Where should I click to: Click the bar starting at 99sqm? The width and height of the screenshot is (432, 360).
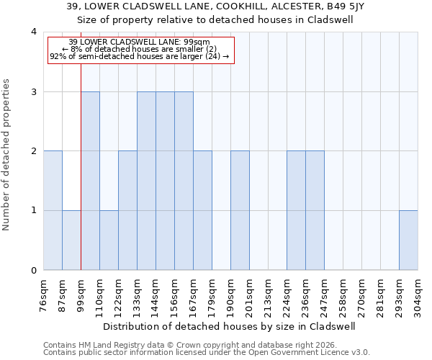(x=90, y=181)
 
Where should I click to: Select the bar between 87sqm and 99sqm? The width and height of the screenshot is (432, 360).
(x=71, y=240)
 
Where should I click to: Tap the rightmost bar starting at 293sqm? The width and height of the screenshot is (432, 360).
(x=408, y=240)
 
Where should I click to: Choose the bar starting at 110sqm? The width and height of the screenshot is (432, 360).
(x=109, y=240)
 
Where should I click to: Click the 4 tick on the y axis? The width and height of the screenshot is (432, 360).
(x=33, y=32)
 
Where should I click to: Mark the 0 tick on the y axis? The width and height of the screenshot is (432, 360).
(x=33, y=271)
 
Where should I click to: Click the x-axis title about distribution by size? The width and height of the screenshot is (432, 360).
(x=230, y=326)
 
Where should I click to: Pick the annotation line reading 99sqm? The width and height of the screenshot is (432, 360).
(x=140, y=42)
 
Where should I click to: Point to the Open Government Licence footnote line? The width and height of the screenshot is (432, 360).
(x=207, y=353)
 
